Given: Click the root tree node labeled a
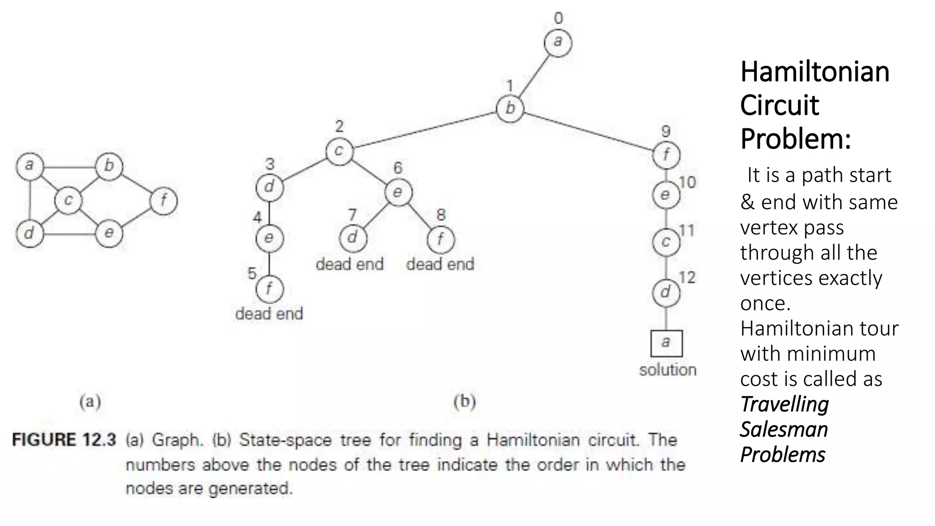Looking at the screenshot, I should (557, 43).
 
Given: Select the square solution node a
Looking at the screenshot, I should (666, 343).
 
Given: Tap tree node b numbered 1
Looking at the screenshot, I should (510, 109).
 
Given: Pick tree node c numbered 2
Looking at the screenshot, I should (339, 151).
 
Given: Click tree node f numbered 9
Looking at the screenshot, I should (666, 155).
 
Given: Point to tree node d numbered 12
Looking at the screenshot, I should (666, 292).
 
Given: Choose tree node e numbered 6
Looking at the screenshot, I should (398, 192).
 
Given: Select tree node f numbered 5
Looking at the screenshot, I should (269, 289).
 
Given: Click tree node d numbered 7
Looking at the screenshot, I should (352, 238).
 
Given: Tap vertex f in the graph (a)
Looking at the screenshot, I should (163, 200).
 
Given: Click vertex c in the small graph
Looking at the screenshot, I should (68, 200).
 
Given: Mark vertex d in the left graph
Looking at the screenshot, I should (29, 233).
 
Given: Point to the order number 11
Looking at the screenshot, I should (687, 231).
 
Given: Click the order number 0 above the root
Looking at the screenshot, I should (558, 18).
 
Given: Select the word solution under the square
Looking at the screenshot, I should (667, 370).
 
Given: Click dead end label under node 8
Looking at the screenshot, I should (440, 264).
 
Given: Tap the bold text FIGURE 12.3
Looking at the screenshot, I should (64, 440).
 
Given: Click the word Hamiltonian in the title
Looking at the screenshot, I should (814, 72).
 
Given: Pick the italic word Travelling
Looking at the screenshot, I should (784, 404).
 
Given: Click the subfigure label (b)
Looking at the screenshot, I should (464, 401).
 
